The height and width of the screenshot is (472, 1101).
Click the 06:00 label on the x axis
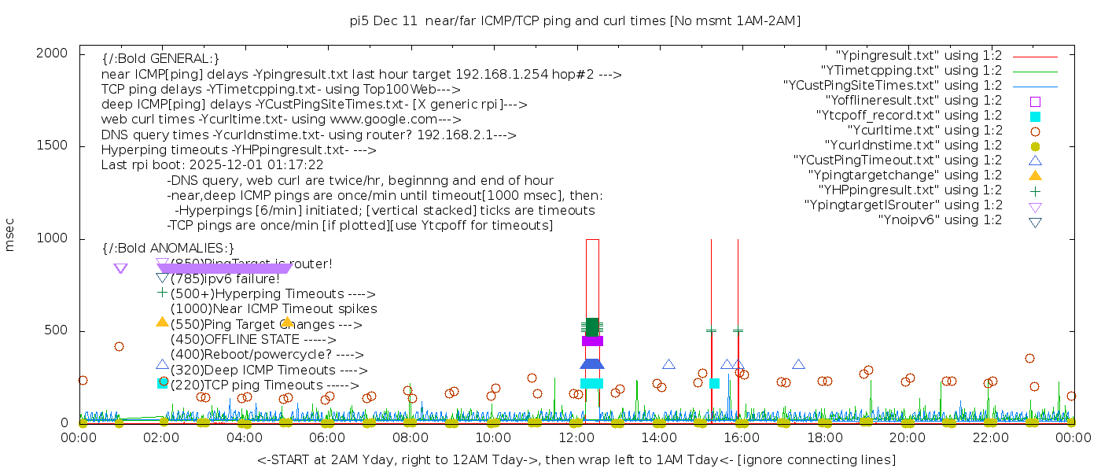tap(327, 437)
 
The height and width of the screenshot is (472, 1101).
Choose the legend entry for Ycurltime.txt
tap(924, 131)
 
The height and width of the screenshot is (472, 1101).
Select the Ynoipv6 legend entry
tap(940, 220)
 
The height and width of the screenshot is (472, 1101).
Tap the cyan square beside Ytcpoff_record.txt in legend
tap(1035, 116)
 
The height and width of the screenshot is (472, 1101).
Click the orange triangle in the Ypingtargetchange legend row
tap(1035, 175)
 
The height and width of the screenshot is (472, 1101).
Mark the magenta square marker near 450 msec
tap(592, 341)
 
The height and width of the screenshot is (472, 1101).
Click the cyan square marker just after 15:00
tap(714, 384)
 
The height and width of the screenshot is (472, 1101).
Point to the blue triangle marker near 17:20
tap(798, 364)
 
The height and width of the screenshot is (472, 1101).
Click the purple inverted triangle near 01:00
tap(120, 269)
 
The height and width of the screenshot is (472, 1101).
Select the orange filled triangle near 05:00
tap(287, 322)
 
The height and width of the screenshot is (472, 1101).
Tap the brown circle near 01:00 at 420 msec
tap(119, 346)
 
